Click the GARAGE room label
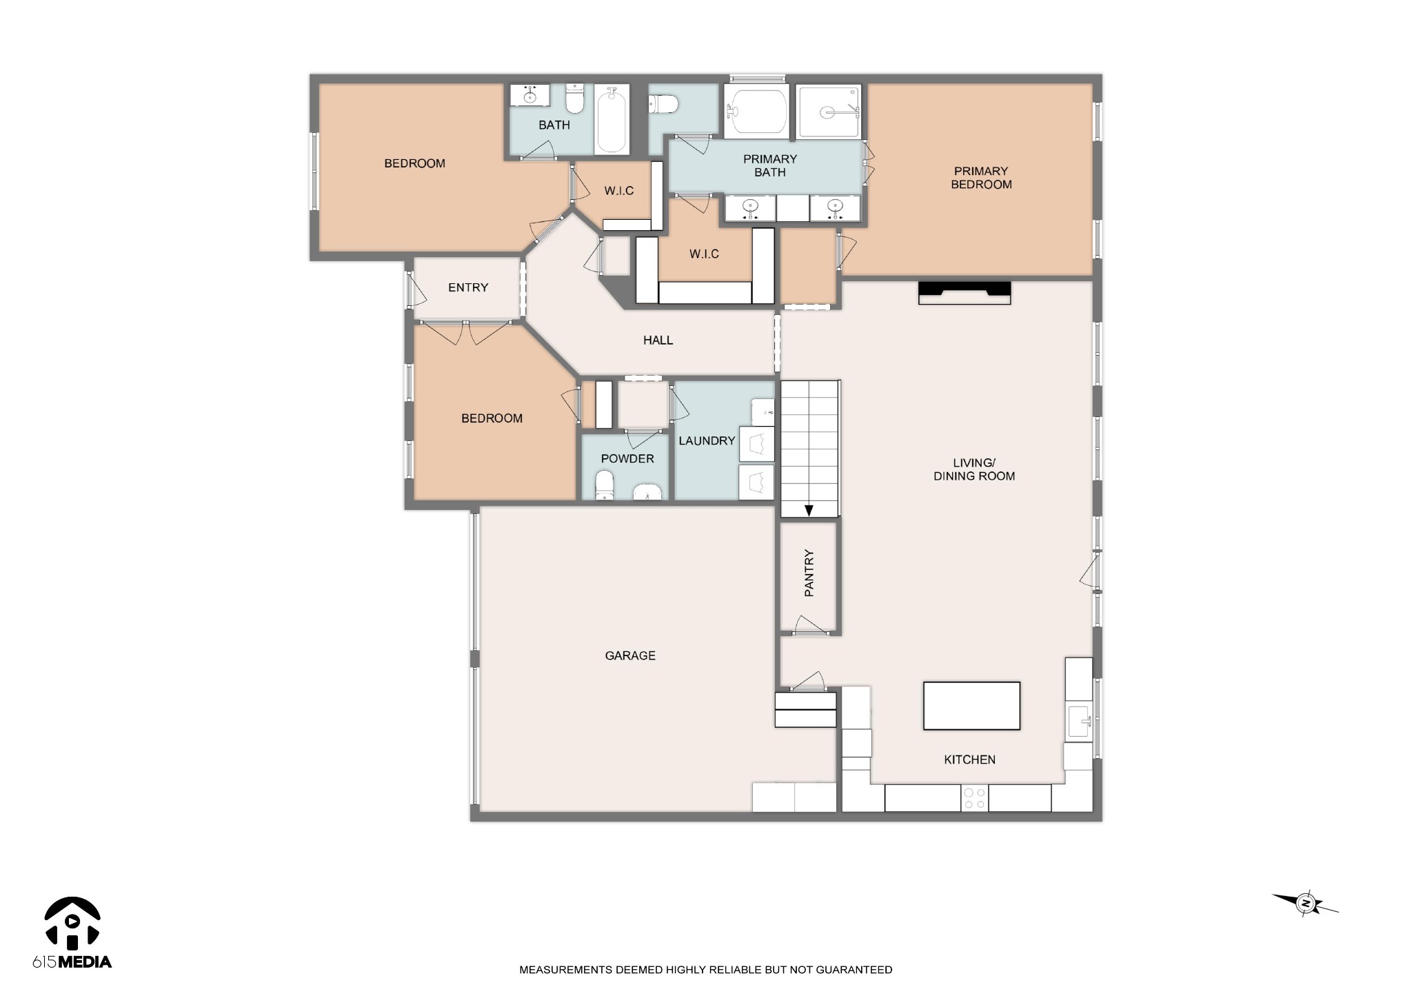coord(629,655)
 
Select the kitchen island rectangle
coord(971,705)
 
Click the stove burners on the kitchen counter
coord(974,798)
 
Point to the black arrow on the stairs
coord(809,510)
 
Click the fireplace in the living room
coord(964,292)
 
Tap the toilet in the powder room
coord(605,485)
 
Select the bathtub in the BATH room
coord(611,119)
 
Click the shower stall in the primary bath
coord(829,111)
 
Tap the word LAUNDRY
coord(707,440)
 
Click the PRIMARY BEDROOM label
coord(981,177)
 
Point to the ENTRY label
coord(467,287)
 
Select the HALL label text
coord(658,340)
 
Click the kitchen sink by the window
coord(1078,721)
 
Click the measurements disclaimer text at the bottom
coord(705,970)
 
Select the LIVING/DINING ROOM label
coord(974,469)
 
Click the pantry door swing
coord(809,624)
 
